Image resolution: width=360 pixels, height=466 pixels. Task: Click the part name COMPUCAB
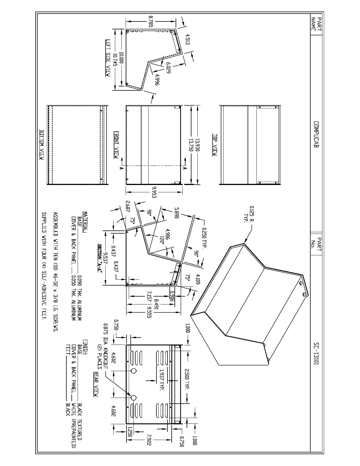click(x=317, y=134)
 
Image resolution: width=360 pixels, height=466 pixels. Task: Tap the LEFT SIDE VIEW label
click(x=108, y=58)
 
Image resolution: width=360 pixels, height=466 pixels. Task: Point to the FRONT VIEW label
click(x=116, y=145)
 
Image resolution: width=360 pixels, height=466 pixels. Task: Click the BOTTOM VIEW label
click(x=42, y=145)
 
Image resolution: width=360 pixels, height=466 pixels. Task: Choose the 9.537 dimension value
click(x=105, y=259)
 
